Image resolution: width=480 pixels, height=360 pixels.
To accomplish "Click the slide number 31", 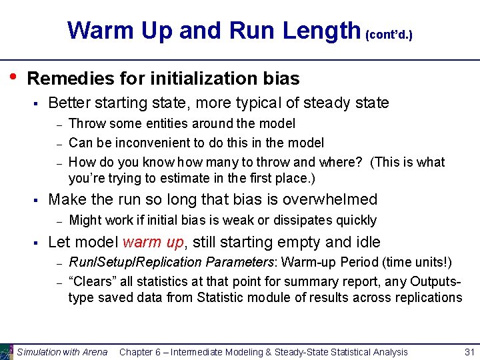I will point(469,351).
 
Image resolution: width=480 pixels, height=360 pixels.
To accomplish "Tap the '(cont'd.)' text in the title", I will point(389,33).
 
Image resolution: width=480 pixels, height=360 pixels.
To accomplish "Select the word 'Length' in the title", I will point(321,31).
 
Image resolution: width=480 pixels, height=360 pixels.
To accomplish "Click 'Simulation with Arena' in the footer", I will point(62,351).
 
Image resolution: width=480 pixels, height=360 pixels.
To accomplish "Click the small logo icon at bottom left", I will point(7,351).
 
